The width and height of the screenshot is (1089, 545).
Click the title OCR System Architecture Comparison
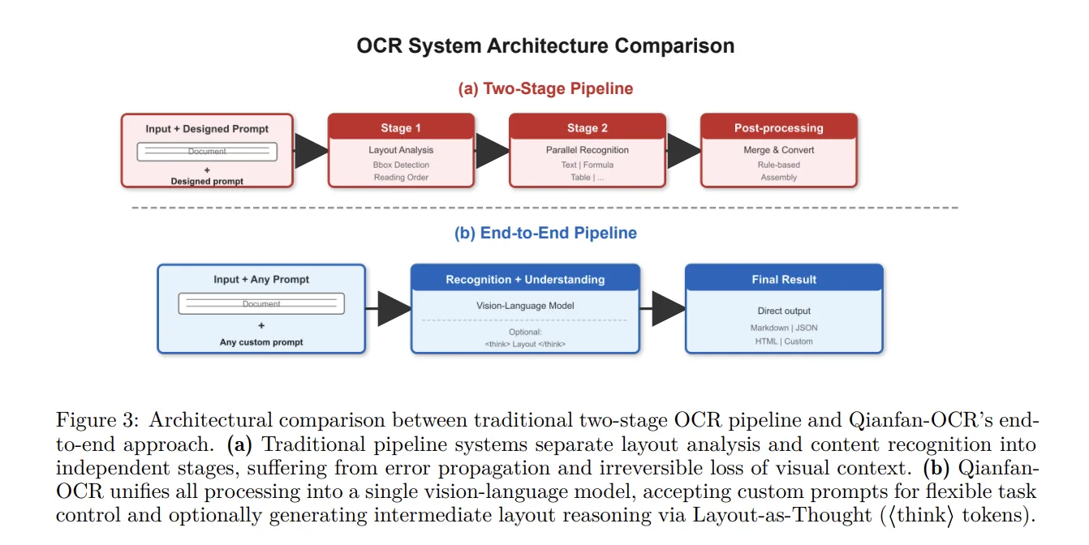(x=545, y=45)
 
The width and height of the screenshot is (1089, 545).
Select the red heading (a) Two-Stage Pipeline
(x=545, y=88)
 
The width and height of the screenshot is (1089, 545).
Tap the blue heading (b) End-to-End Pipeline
(x=545, y=233)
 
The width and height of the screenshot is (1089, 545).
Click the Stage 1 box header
(x=401, y=127)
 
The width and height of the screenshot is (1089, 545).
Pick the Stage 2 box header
(x=588, y=127)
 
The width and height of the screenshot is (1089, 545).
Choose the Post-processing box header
(x=778, y=127)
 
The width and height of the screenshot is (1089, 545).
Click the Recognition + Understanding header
(x=525, y=279)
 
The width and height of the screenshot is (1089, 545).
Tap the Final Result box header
(x=784, y=279)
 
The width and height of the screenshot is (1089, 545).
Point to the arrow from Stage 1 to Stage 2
(x=493, y=151)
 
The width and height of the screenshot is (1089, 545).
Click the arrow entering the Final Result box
(x=667, y=309)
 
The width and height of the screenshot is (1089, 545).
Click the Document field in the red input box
(x=207, y=152)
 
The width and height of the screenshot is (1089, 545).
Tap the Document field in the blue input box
(x=261, y=304)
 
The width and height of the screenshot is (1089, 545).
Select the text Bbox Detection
(x=401, y=165)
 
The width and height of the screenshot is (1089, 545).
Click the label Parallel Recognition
(x=588, y=150)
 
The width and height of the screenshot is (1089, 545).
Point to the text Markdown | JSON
(x=784, y=328)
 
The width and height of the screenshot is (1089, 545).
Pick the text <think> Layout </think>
(x=525, y=344)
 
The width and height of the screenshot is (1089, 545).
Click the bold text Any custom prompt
(x=261, y=342)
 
